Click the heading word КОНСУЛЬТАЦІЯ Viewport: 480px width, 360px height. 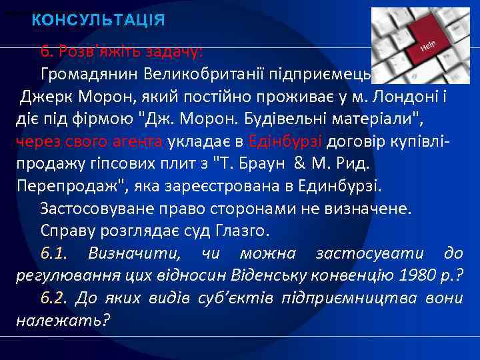point(98,20)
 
